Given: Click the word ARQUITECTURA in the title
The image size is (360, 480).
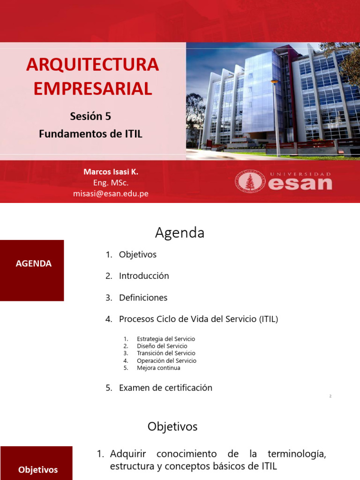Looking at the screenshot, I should tap(92, 65).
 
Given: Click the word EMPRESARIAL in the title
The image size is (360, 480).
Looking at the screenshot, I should tap(92, 89).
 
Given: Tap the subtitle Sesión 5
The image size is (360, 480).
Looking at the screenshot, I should tap(90, 116).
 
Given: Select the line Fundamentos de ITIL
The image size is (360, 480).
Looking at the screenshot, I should tap(90, 134).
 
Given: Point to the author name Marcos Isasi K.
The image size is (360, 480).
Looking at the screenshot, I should tap(111, 172).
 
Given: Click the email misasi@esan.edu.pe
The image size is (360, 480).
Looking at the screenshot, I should tap(111, 194).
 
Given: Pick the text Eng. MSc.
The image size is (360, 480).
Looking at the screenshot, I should tap(111, 183).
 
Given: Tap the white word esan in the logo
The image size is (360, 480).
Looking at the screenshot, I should tap(300, 183).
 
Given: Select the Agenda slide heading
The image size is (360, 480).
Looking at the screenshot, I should tap(180, 233).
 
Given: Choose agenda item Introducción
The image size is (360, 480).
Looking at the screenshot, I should tap(143, 276).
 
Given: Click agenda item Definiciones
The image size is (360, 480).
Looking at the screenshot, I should tap(143, 298).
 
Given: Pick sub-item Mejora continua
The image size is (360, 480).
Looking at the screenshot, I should tap(158, 368).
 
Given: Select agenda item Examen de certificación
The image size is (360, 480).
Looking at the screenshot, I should tap(165, 388).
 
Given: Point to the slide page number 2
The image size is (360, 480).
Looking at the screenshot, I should tap(330, 397).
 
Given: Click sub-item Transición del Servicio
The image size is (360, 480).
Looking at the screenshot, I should tap(166, 353).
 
